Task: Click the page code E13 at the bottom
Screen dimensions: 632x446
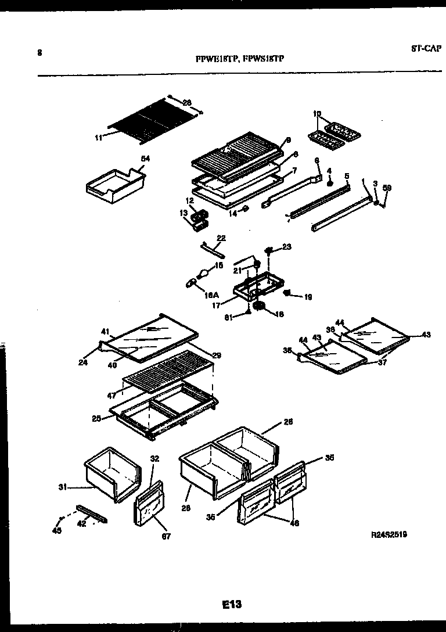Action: [231, 605]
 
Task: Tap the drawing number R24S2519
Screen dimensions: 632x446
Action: [388, 535]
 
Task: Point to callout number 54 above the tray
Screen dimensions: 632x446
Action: [145, 159]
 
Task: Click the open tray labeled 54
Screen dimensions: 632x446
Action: [114, 186]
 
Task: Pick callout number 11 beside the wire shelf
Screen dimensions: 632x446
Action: [98, 138]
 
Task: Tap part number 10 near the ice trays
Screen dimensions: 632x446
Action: [317, 114]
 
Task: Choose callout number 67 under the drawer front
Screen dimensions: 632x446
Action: [166, 536]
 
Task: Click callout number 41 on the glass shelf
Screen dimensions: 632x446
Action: [105, 331]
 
